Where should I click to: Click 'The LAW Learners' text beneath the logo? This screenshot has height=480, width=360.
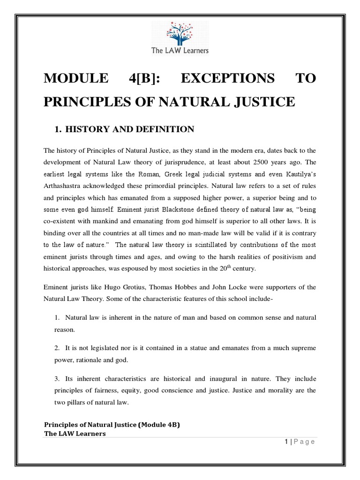pyautogui.click(x=180, y=51)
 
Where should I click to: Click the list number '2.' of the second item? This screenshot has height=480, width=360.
pyautogui.click(x=57, y=348)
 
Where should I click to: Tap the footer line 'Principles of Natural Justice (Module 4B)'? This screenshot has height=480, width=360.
pyautogui.click(x=112, y=425)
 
